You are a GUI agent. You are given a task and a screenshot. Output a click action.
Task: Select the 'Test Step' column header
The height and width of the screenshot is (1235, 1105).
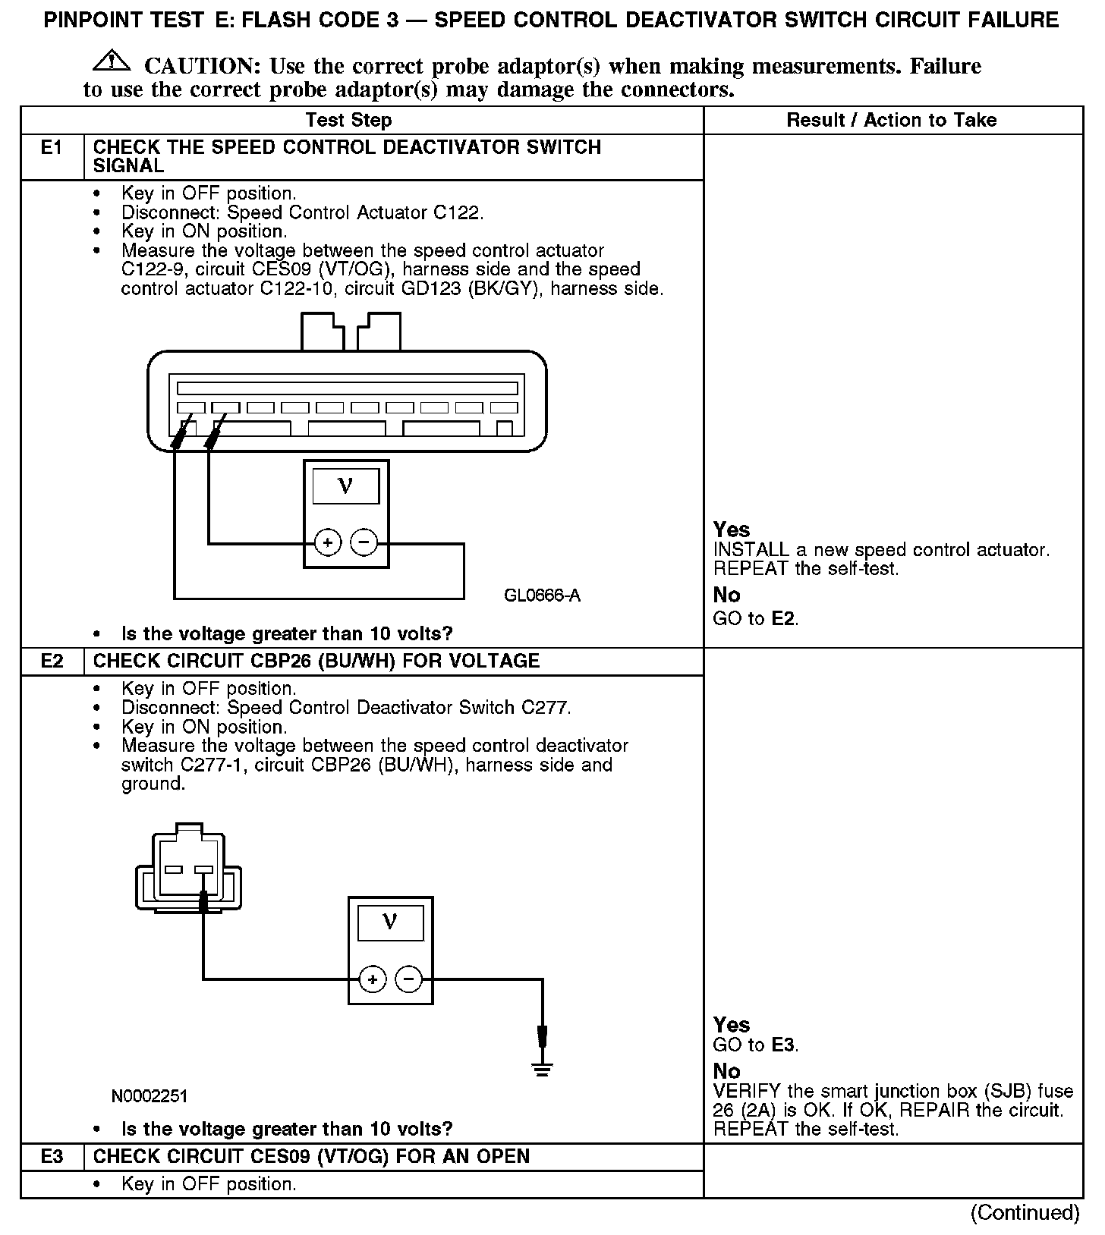tap(348, 120)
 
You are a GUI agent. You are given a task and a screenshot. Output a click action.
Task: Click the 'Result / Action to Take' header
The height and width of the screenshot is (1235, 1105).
tap(892, 120)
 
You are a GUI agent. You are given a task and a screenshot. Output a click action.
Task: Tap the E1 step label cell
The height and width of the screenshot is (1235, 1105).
tap(52, 148)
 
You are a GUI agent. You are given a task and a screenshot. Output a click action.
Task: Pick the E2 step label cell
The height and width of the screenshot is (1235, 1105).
tap(52, 661)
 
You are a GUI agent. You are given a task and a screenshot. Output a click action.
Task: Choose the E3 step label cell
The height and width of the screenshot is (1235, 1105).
tap(52, 1156)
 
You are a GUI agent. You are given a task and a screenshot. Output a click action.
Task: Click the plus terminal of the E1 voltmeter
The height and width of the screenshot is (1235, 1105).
tap(327, 543)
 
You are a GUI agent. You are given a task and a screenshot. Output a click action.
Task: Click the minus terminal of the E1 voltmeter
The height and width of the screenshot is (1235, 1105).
tap(364, 543)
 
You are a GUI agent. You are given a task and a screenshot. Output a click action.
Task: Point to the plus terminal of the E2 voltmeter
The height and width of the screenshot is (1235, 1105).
tap(372, 979)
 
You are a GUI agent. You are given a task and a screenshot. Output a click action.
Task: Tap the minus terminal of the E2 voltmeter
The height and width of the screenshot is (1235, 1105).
tap(409, 979)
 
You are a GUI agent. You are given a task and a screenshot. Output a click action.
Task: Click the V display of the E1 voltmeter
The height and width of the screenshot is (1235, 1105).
tap(345, 486)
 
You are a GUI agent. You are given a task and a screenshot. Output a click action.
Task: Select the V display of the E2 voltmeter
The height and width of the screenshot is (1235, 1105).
tap(390, 922)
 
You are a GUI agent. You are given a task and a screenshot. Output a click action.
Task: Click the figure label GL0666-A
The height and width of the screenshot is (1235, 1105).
tap(542, 596)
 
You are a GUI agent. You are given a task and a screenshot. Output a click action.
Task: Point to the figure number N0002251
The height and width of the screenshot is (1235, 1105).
tap(150, 1095)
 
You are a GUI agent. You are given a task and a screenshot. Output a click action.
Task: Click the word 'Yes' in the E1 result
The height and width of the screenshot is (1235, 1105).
tap(732, 530)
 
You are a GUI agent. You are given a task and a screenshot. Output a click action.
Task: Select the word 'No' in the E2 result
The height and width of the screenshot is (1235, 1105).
tap(727, 1070)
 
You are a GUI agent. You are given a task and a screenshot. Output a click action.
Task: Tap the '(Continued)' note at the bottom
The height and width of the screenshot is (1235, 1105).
tap(1025, 1212)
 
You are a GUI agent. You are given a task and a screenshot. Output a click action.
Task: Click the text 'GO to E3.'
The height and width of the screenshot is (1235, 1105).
tap(756, 1045)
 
